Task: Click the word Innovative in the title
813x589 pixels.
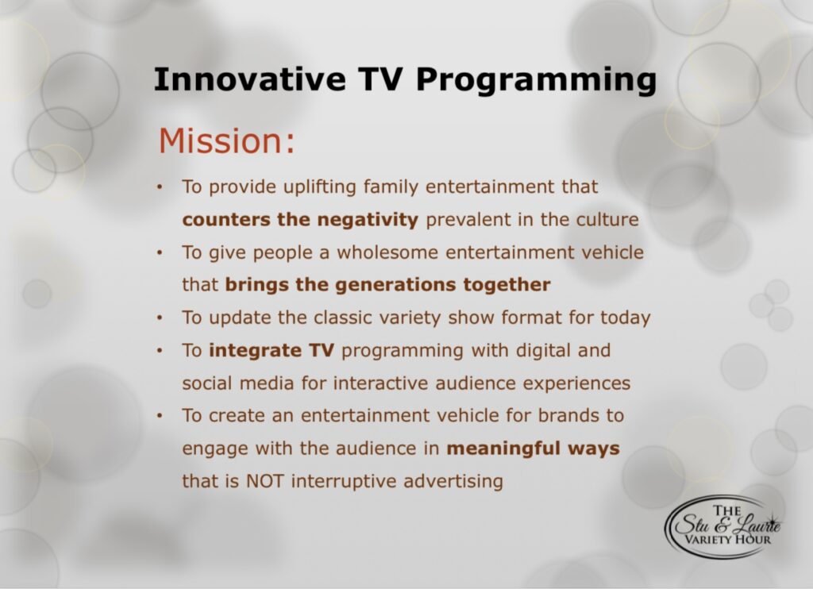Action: point(250,79)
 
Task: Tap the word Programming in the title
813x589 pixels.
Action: point(536,82)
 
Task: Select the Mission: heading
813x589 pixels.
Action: point(226,141)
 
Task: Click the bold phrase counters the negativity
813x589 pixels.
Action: point(300,220)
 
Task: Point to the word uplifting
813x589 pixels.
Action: point(320,187)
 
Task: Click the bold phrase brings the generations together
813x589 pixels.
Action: point(387,285)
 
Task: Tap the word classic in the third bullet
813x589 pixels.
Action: point(339,318)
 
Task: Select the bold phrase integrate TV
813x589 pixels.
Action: point(272,351)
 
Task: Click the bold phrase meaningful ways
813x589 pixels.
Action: point(533,448)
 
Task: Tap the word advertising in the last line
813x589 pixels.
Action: point(453,482)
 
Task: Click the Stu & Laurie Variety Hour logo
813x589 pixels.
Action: point(724,526)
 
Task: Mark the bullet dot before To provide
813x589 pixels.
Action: point(161,187)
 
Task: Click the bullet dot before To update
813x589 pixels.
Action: point(161,318)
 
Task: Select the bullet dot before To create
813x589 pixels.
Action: point(161,416)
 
